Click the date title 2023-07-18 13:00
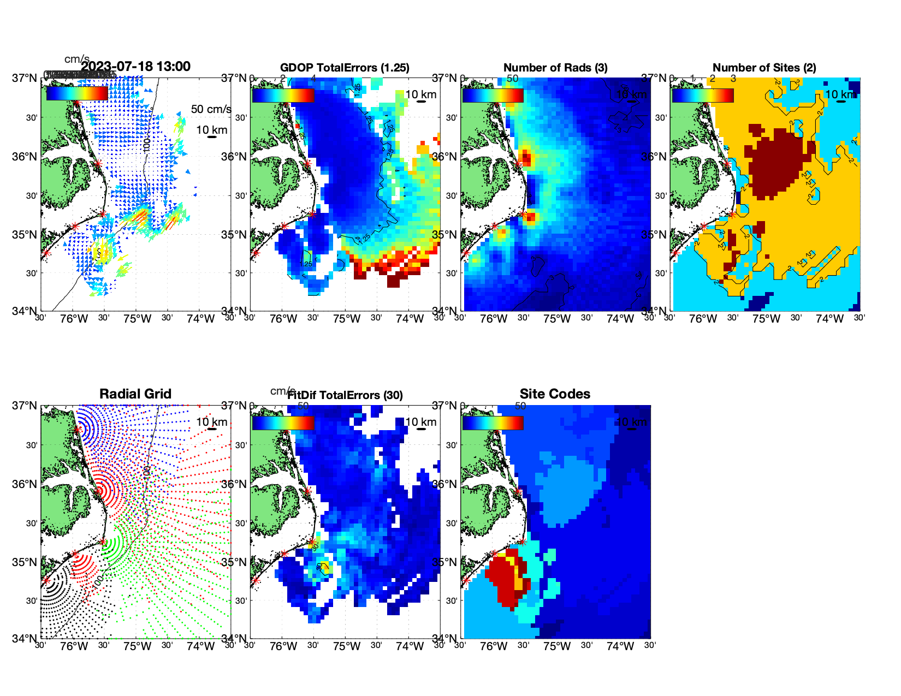(x=136, y=67)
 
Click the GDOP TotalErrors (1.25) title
(x=345, y=68)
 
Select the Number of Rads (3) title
(x=555, y=68)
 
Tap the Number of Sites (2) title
(x=764, y=68)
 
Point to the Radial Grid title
(x=135, y=394)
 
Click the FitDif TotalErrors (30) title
(x=345, y=395)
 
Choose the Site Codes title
(x=555, y=394)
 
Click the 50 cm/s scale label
(x=211, y=109)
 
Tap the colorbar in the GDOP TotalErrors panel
(x=283, y=95)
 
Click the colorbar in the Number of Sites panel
(x=703, y=95)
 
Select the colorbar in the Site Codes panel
(x=493, y=423)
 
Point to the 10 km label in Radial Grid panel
(x=211, y=422)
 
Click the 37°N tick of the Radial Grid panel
(x=25, y=406)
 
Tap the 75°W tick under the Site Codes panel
(x=557, y=646)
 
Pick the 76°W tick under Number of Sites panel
(x=703, y=319)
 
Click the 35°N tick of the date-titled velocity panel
(x=25, y=235)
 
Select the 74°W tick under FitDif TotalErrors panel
(x=410, y=646)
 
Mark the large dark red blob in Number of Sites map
(x=775, y=161)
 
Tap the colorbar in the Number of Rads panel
(x=493, y=95)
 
